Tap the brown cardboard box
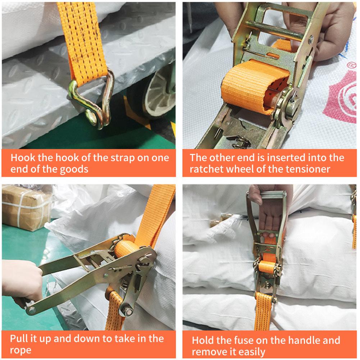coord(25,209)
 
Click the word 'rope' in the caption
coord(21,350)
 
